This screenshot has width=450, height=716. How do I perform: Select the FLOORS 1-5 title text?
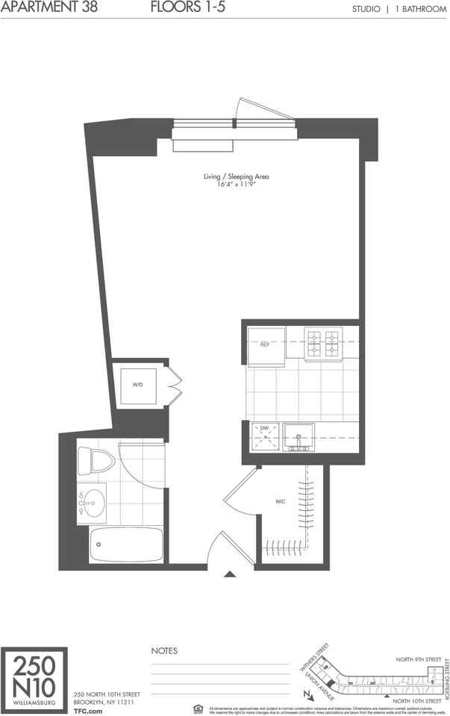click(182, 8)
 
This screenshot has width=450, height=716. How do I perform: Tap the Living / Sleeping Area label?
click(236, 177)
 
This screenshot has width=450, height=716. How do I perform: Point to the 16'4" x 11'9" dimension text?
click(236, 184)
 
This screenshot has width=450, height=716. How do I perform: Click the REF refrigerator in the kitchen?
click(266, 346)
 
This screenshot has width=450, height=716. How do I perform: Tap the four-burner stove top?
click(322, 342)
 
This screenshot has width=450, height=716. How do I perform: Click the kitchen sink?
click(299, 437)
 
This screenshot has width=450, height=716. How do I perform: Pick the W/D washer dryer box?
click(139, 386)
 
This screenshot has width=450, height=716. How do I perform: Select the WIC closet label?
click(281, 501)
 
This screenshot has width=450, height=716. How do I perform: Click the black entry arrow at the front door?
click(230, 574)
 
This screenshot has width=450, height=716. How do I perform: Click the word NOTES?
click(164, 651)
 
